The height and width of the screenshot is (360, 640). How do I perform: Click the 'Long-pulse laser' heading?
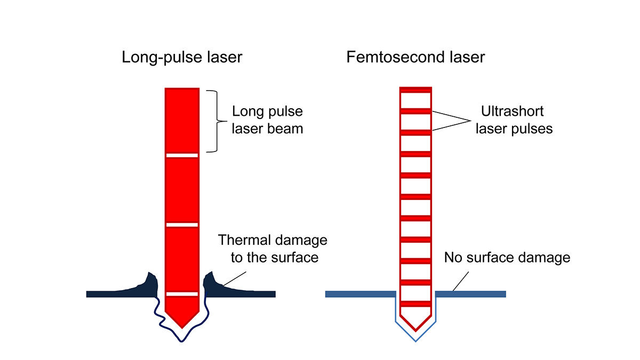[182, 57]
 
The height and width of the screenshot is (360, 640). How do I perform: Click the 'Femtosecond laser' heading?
[415, 57]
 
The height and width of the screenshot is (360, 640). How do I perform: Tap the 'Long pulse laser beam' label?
[267, 120]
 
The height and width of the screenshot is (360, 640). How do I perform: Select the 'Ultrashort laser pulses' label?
[514, 120]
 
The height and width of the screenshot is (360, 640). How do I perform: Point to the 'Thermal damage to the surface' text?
[273, 249]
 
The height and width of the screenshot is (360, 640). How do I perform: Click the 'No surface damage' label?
[507, 258]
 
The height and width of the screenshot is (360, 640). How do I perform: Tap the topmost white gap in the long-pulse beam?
[182, 155]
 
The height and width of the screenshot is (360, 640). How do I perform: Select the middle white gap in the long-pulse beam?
[182, 224]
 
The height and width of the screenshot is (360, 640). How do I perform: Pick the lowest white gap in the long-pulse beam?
[182, 294]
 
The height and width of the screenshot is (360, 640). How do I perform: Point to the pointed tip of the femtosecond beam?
[415, 326]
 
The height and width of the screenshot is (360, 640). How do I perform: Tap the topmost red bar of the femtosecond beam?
[415, 89]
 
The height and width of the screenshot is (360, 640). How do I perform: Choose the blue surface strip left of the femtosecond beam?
[360, 294]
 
